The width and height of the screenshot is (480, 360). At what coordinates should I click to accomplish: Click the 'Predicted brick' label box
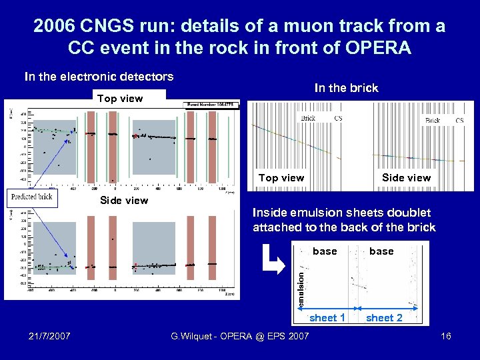coord(31,197)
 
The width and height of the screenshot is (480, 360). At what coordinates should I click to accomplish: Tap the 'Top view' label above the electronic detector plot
coord(120,99)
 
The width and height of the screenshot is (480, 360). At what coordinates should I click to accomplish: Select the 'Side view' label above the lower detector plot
coord(124,201)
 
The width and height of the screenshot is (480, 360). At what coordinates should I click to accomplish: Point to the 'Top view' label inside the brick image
coord(281,178)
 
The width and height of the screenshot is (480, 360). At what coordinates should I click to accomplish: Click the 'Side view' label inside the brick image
coord(406,178)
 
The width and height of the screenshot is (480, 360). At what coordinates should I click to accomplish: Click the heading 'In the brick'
coord(346,88)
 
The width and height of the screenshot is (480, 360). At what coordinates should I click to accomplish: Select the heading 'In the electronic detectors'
coord(99,77)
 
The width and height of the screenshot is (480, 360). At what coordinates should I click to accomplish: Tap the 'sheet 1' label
coord(327,318)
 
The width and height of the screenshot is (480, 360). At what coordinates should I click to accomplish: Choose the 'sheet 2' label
coord(384,318)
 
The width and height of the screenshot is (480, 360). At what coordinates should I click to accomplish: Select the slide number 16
coord(446,336)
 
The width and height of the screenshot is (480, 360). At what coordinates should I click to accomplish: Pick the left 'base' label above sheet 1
coord(325,251)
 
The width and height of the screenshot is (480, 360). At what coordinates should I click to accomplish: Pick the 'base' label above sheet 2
coord(381,251)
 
